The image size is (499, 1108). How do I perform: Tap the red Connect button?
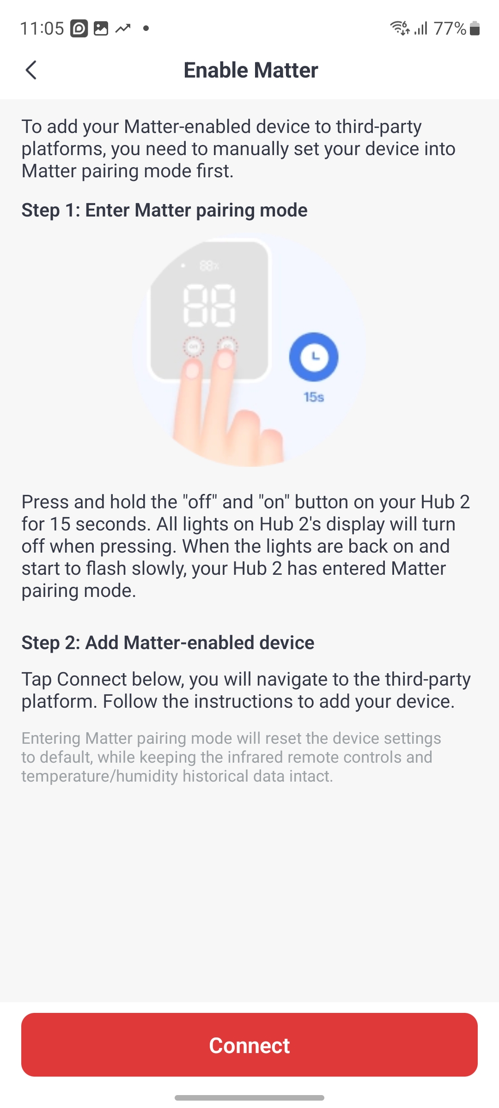(x=249, y=1045)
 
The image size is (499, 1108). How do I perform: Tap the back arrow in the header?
(x=31, y=70)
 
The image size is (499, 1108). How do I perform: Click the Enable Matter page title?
(x=251, y=70)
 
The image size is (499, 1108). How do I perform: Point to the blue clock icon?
(x=314, y=357)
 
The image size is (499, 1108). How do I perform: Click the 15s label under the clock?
(x=314, y=397)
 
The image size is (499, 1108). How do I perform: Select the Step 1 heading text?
(x=164, y=210)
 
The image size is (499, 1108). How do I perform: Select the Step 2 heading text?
(x=168, y=643)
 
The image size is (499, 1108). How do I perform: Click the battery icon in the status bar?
(x=475, y=29)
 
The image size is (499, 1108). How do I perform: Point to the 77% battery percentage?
(x=450, y=29)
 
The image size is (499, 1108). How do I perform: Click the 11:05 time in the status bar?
(x=42, y=29)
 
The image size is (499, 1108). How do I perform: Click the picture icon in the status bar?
(x=101, y=29)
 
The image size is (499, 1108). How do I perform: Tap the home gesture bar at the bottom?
(x=249, y=1097)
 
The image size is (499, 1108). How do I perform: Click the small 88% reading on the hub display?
(x=209, y=266)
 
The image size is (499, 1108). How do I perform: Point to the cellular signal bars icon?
(x=421, y=29)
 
